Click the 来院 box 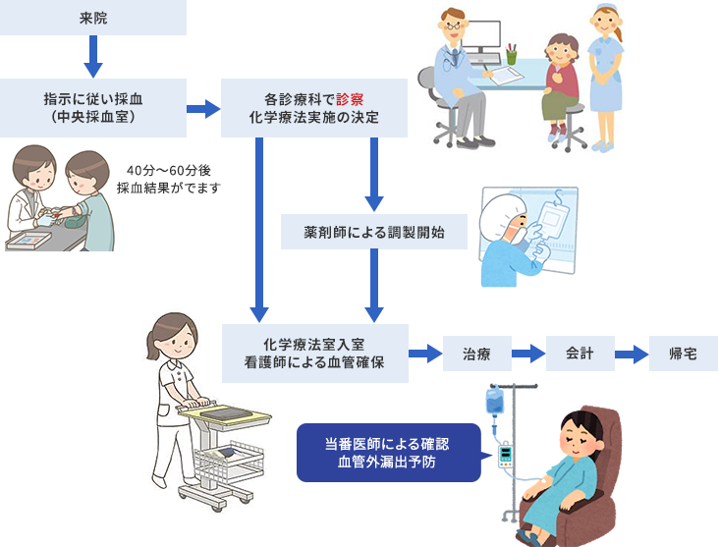92,18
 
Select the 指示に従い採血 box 92,108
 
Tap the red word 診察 350,99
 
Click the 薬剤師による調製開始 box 374,233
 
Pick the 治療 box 476,354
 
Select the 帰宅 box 683,354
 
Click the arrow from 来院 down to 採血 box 93,57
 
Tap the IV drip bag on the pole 494,399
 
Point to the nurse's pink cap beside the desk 604,14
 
